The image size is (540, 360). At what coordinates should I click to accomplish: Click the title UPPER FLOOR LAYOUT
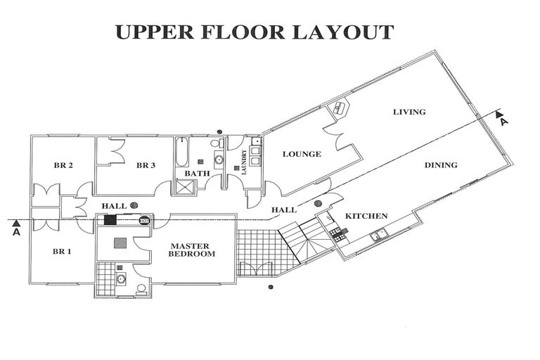[254, 32]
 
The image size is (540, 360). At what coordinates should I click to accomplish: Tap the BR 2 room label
[63, 165]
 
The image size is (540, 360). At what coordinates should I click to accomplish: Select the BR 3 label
[146, 165]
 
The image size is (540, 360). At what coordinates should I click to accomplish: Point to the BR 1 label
[62, 252]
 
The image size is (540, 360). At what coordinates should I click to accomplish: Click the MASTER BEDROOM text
[191, 250]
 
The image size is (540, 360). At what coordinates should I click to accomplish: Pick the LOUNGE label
[302, 154]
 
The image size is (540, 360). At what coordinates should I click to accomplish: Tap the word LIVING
[409, 112]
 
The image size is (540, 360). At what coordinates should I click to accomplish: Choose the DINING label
[441, 165]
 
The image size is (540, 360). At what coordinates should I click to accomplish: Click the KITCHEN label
[366, 216]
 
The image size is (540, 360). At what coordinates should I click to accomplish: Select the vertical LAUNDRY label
[245, 162]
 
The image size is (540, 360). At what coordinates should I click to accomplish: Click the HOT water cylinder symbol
[144, 220]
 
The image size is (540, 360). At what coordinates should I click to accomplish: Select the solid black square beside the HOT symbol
[110, 220]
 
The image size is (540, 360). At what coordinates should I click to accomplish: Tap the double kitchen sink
[378, 235]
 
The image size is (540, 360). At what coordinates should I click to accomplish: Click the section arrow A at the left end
[16, 228]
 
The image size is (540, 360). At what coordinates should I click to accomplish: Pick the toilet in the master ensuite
[141, 289]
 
